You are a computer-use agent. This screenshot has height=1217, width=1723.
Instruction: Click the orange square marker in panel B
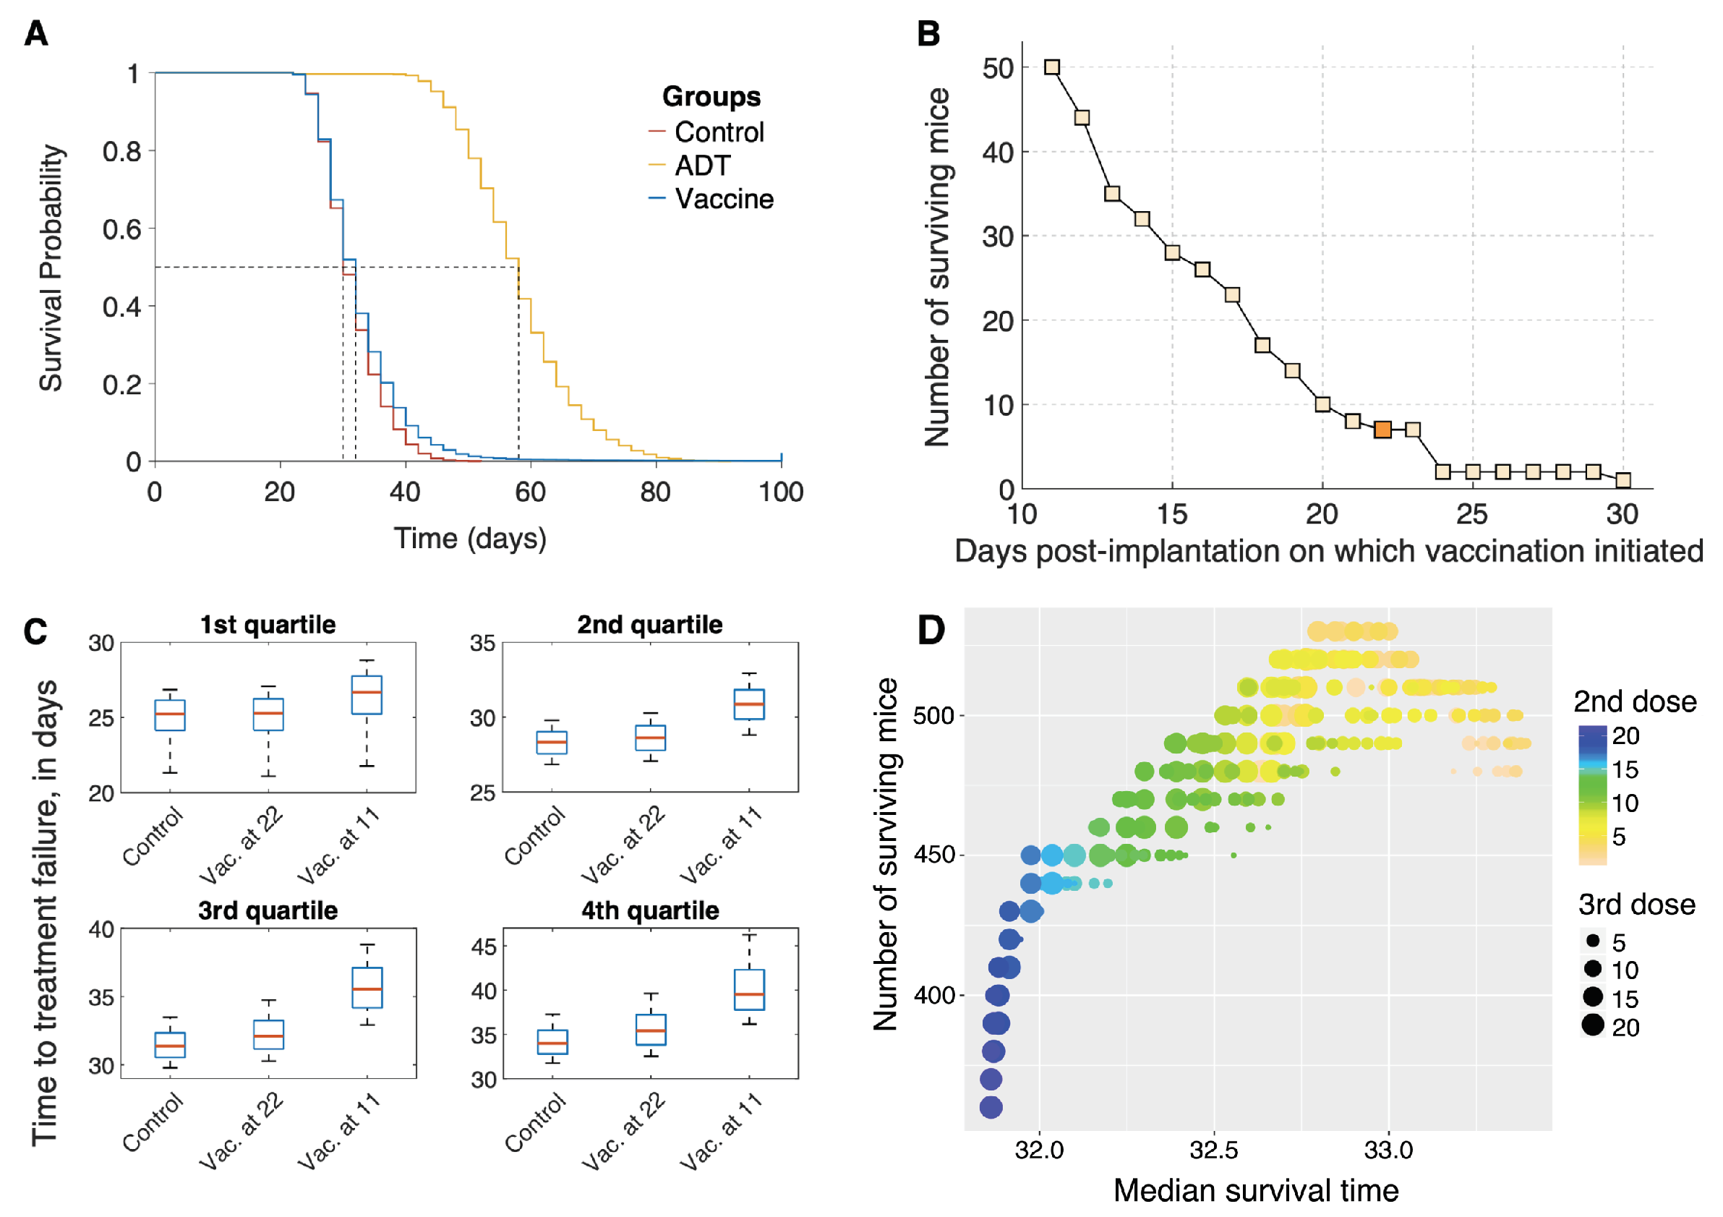[x=1382, y=430]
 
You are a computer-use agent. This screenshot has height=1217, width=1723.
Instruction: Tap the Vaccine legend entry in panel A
[x=724, y=199]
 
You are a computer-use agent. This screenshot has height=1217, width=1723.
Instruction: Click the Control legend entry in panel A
[x=718, y=132]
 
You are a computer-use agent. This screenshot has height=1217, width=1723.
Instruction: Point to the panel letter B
[x=928, y=34]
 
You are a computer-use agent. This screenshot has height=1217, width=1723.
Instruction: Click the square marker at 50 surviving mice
[x=1052, y=67]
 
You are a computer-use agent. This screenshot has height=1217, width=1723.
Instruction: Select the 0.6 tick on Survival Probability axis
[x=122, y=229]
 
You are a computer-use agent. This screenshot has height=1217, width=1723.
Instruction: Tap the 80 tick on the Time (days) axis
[x=655, y=492]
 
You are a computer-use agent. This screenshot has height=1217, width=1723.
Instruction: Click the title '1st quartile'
[x=268, y=624]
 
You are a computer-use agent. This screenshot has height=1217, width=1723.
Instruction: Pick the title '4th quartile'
[x=650, y=910]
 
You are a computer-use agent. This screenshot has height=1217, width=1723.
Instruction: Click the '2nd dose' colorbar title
[x=1635, y=701]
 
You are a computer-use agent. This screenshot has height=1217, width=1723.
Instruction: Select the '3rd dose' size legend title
[x=1636, y=905]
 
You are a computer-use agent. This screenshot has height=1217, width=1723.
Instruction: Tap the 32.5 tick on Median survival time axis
[x=1213, y=1150]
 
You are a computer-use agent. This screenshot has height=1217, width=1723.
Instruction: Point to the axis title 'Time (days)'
[x=470, y=539]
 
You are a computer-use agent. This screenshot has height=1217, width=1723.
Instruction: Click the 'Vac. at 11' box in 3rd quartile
[x=367, y=987]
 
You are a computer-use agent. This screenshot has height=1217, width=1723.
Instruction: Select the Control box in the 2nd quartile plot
[x=552, y=742]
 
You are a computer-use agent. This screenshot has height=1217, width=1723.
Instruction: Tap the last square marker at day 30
[x=1622, y=480]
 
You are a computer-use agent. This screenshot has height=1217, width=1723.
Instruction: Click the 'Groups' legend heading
[x=711, y=97]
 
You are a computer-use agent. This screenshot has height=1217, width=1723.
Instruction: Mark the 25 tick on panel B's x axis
[x=1471, y=515]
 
